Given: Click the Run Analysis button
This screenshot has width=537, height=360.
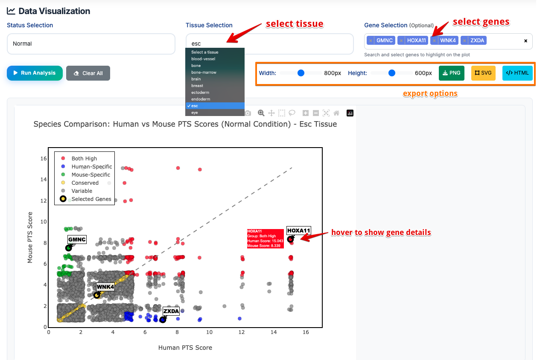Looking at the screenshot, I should (x=35, y=73).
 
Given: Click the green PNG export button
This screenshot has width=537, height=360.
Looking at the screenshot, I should (x=452, y=73).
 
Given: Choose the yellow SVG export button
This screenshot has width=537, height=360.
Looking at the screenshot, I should (x=483, y=73).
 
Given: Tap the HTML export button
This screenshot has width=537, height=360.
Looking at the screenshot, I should (x=517, y=73).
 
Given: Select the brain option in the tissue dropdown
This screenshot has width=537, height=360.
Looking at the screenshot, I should (x=196, y=79).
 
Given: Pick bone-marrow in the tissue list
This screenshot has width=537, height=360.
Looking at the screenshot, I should (x=204, y=73).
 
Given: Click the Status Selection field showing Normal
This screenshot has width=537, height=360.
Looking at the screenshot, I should (x=91, y=44).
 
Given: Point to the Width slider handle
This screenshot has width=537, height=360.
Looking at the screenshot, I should (x=301, y=73).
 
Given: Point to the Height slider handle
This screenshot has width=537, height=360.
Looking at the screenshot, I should (x=392, y=73).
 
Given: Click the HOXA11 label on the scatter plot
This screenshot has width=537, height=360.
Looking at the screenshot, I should (x=298, y=231).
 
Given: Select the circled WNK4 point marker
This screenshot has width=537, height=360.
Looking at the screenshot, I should (x=97, y=295).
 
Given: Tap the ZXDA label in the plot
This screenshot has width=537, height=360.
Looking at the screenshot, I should (x=171, y=311).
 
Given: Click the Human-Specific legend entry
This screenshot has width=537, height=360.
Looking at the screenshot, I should (x=91, y=167).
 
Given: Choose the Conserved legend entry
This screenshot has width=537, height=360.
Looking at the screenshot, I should (x=85, y=183).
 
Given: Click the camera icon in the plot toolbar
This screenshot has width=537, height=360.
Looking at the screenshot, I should (x=248, y=113).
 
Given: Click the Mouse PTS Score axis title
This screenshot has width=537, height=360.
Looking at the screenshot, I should (x=30, y=237).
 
